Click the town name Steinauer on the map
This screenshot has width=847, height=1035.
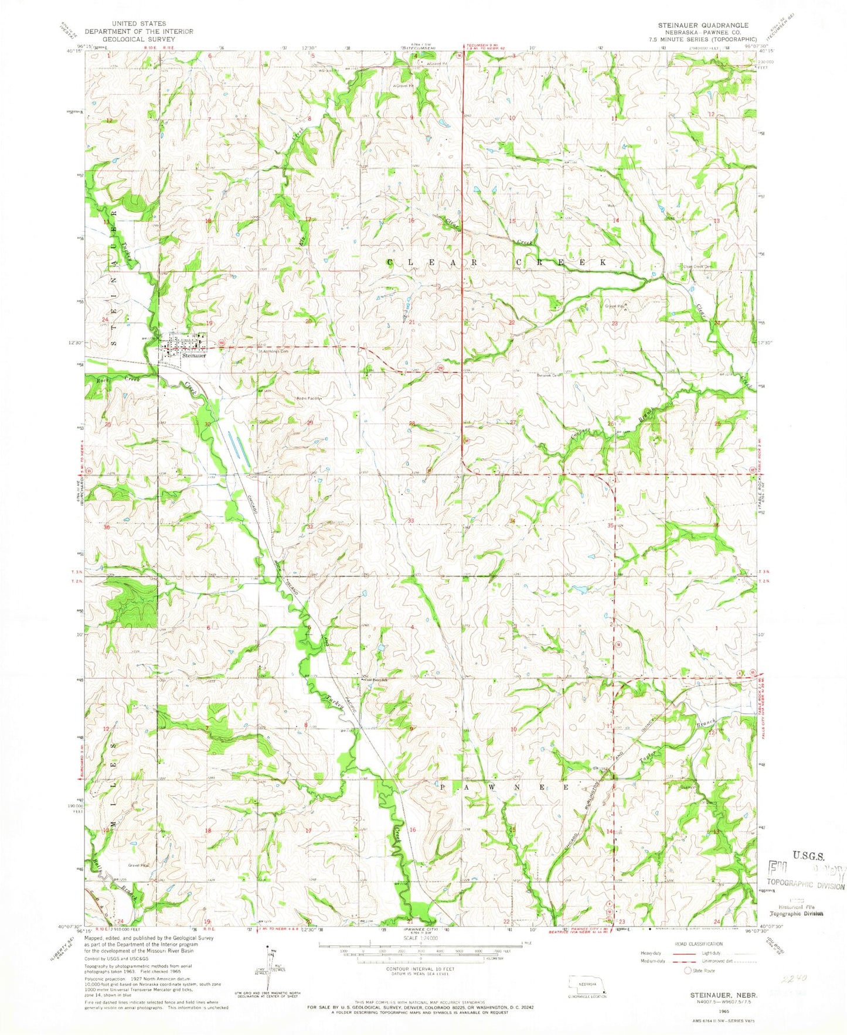coord(194,356)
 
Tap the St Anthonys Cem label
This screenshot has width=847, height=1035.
coord(274,352)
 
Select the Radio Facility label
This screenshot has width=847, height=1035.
coord(308,398)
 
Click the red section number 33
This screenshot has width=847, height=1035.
coord(411,521)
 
